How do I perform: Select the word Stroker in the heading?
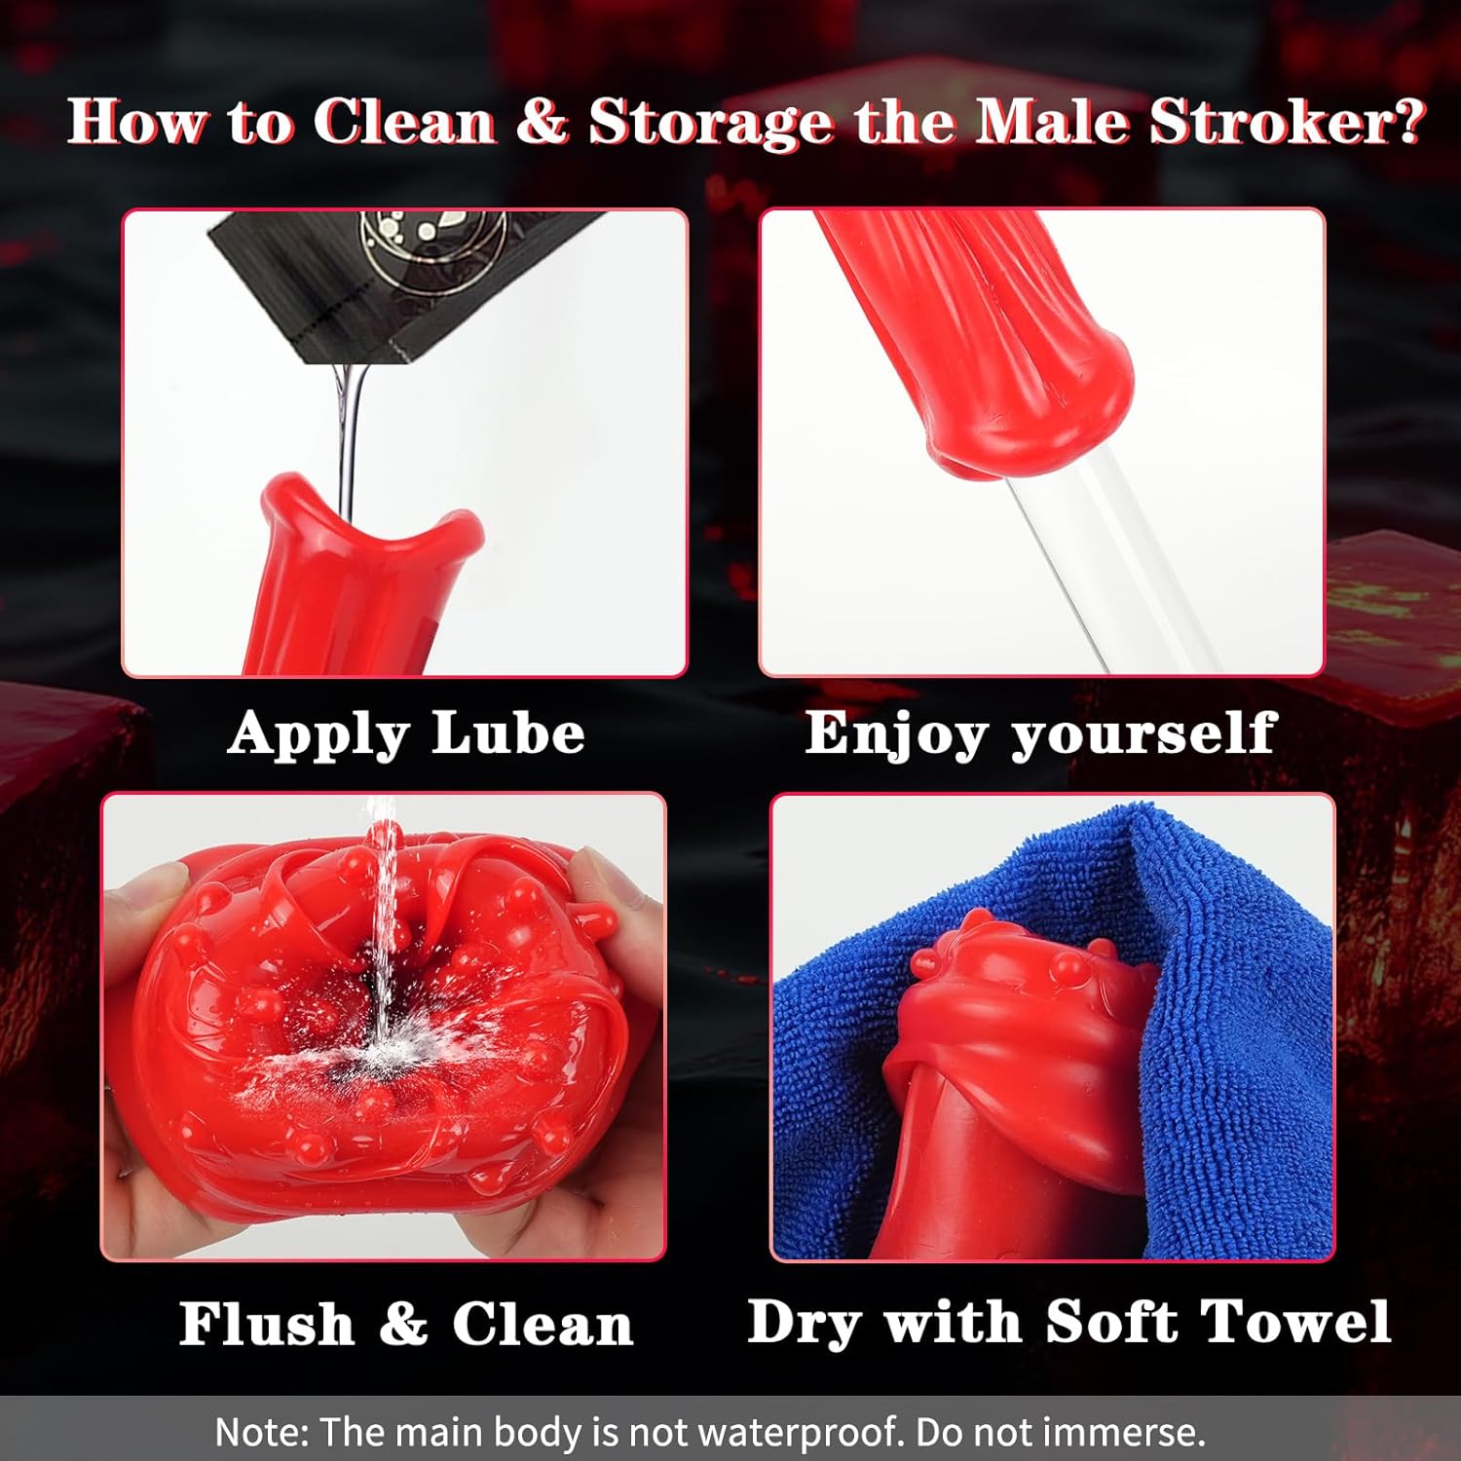(x=1272, y=122)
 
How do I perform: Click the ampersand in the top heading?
(x=542, y=122)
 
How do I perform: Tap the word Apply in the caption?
(x=318, y=736)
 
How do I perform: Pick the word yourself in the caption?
(x=1143, y=736)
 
